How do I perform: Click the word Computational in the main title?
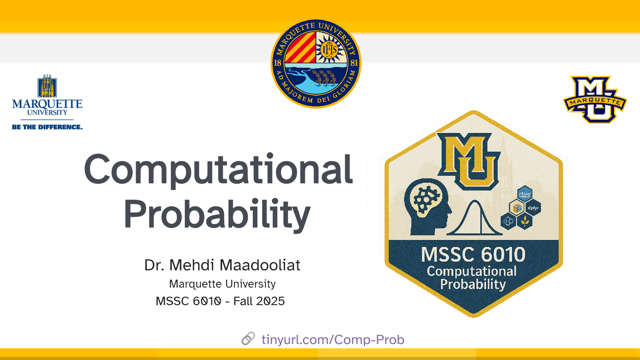click(218, 170)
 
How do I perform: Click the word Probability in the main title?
click(217, 215)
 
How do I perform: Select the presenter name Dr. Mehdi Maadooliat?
click(222, 265)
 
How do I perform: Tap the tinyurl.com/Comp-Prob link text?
click(333, 339)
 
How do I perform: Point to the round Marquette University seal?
click(316, 64)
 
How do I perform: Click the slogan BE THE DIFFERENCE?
click(47, 127)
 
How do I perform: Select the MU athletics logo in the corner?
click(595, 99)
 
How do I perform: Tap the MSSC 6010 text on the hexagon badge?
click(473, 254)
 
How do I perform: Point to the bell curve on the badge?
click(475, 218)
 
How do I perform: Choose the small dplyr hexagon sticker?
click(533, 208)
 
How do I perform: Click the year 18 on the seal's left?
click(278, 63)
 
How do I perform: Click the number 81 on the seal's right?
click(354, 63)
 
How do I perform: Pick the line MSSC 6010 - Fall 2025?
click(220, 301)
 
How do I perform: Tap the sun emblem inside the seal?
click(329, 50)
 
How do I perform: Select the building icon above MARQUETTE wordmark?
click(47, 86)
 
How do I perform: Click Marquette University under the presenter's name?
click(222, 284)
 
